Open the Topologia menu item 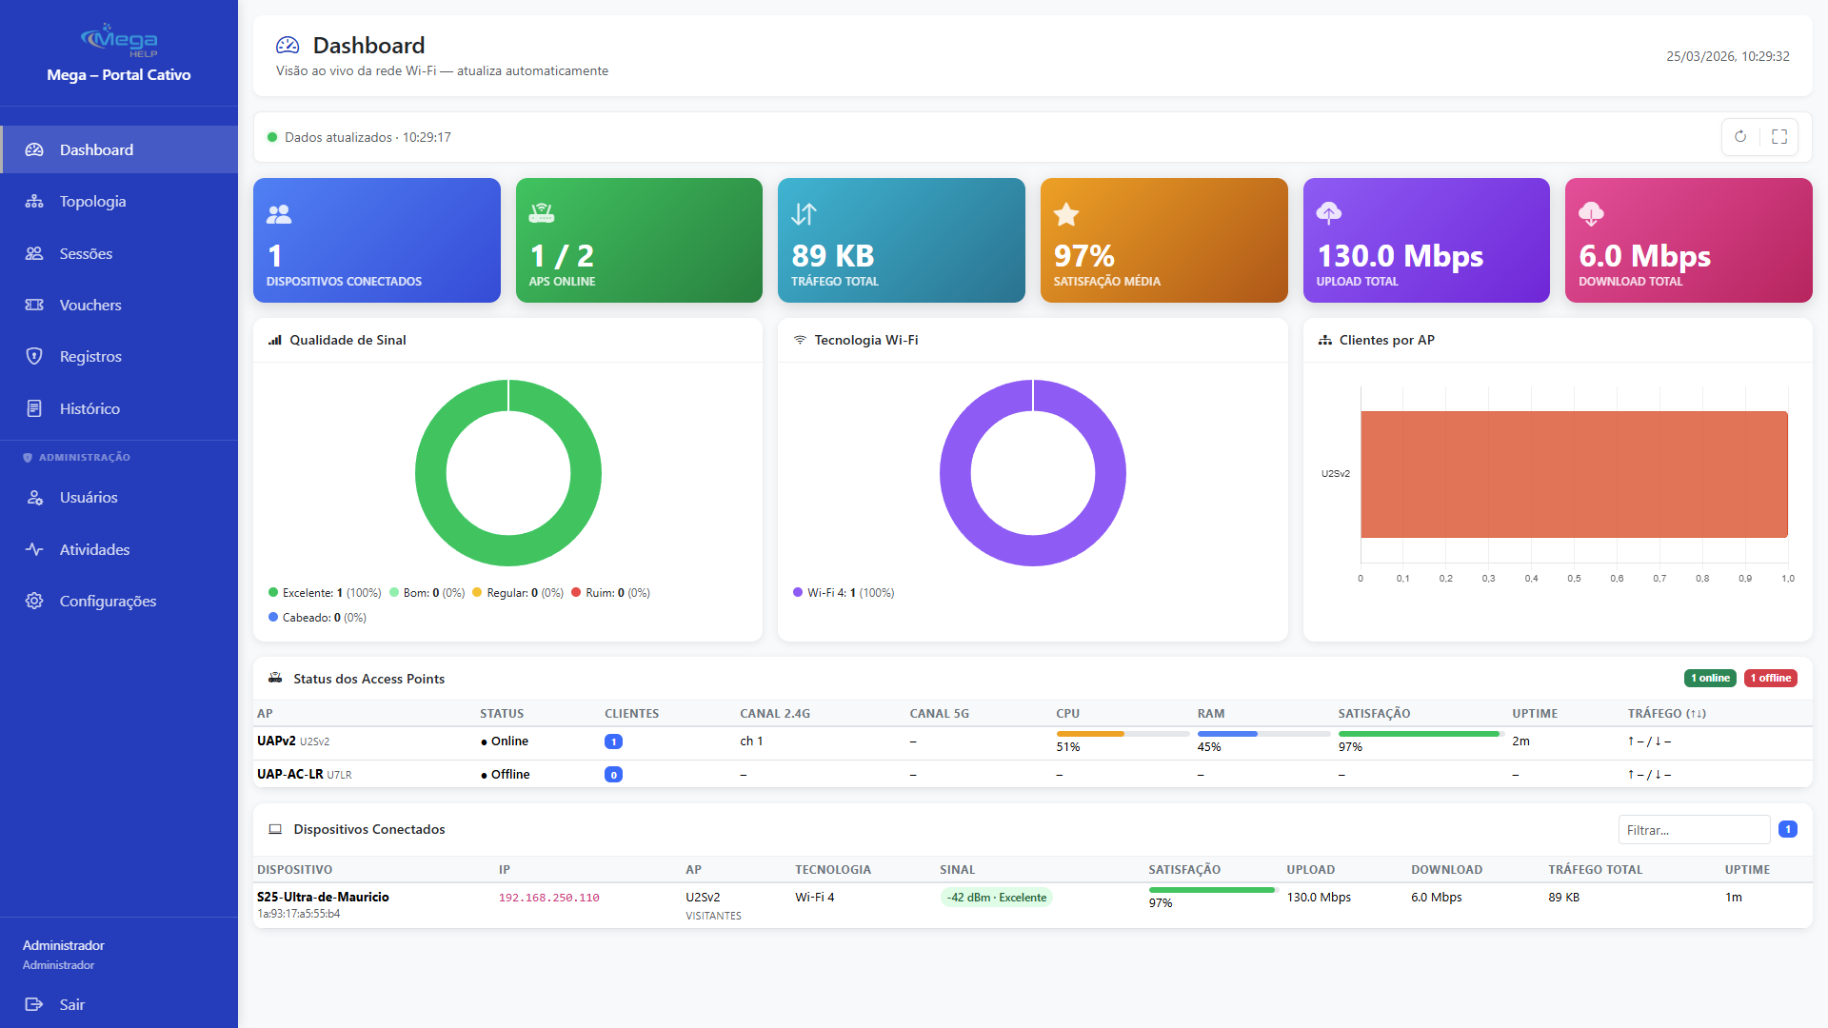pos(92,202)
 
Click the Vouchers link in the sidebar pos(90,306)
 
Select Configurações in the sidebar pos(108,602)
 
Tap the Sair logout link pos(71,1005)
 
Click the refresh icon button pos(1740,137)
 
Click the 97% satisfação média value pos(1083,256)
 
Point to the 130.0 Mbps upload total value pos(1400,256)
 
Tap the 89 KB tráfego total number pos(833,256)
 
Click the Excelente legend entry pos(324,593)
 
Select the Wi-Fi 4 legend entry pos(844,593)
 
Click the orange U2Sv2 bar pos(1573,474)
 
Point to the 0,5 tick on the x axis pos(1574,579)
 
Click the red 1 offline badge pos(1770,679)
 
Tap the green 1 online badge pos(1710,679)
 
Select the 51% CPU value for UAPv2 pos(1067,747)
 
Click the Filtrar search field pos(1693,830)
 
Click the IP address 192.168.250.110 pos(548,898)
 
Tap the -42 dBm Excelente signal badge pos(996,898)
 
